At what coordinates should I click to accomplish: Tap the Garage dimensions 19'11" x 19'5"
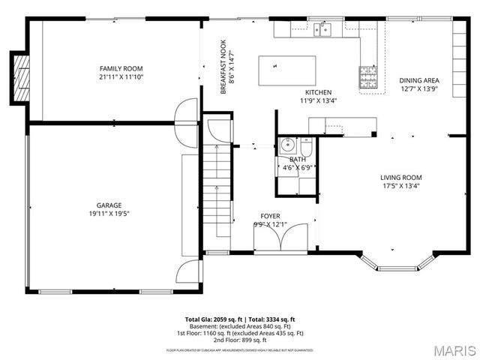click(x=109, y=213)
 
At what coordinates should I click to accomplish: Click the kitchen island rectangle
click(x=282, y=71)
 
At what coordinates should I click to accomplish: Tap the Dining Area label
click(x=419, y=80)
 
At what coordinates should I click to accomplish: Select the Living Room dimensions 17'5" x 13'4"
click(x=400, y=186)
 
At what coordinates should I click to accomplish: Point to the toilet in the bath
click(x=306, y=145)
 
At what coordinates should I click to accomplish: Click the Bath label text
click(x=298, y=159)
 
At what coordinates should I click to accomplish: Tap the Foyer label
click(x=271, y=216)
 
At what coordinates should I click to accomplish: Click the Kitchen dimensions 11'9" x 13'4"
click(x=319, y=100)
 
